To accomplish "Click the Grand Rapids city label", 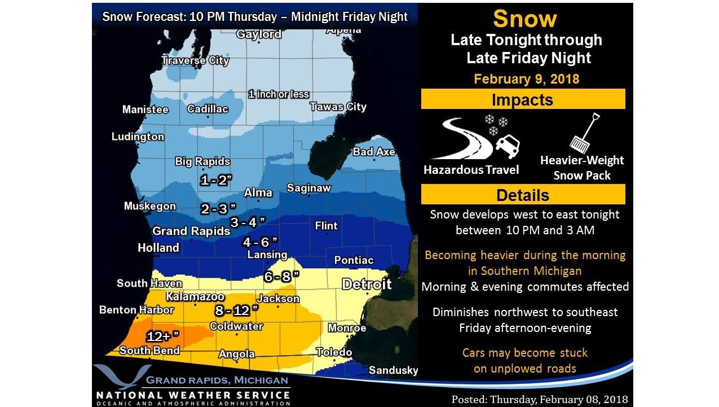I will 191,231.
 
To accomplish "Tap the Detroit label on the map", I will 367,283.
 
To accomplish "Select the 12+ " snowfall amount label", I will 163,336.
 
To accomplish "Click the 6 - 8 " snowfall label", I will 279,277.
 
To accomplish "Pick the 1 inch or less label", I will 279,94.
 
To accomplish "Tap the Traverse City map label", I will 195,60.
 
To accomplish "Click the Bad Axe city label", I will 373,152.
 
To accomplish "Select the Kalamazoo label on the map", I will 195,296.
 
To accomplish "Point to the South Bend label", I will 149,351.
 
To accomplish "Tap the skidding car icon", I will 507,146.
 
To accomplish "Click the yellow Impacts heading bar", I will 523,99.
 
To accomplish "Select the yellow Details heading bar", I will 523,195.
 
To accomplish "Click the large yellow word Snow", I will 524,19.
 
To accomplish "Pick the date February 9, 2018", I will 526,78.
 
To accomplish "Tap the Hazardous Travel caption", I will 471,169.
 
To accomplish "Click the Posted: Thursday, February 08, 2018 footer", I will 539,399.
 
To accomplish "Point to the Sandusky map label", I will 393,370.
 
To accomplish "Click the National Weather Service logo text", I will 193,395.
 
